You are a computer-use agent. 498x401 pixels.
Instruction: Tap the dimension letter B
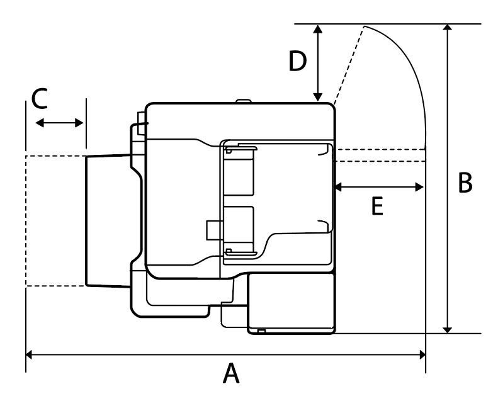coord(465,184)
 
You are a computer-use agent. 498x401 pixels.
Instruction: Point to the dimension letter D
coord(297,62)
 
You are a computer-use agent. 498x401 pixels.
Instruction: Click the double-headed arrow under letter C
coord(59,123)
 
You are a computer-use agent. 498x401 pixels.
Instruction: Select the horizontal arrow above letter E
coord(378,186)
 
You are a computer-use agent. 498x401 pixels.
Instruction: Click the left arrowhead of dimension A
coord(30,356)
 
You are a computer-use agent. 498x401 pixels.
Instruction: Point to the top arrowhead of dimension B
coord(448,29)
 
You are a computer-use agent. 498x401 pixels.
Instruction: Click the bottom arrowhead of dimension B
coord(448,328)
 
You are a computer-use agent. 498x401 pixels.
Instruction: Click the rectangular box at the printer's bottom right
coord(291,303)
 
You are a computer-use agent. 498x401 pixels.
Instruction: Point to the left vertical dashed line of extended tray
coord(26,220)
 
